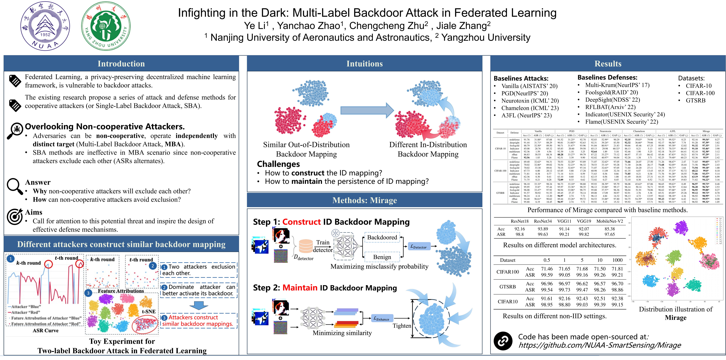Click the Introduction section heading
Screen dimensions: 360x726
tap(121, 64)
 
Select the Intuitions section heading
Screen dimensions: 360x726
tap(364, 64)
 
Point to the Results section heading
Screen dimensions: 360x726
tap(608, 64)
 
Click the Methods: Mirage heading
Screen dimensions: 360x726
tap(364, 200)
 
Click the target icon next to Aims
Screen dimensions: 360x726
tap(15, 216)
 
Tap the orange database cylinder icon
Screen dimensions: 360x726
tap(306, 246)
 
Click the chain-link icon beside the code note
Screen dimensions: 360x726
tap(503, 341)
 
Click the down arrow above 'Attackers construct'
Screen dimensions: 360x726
tap(199, 305)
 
